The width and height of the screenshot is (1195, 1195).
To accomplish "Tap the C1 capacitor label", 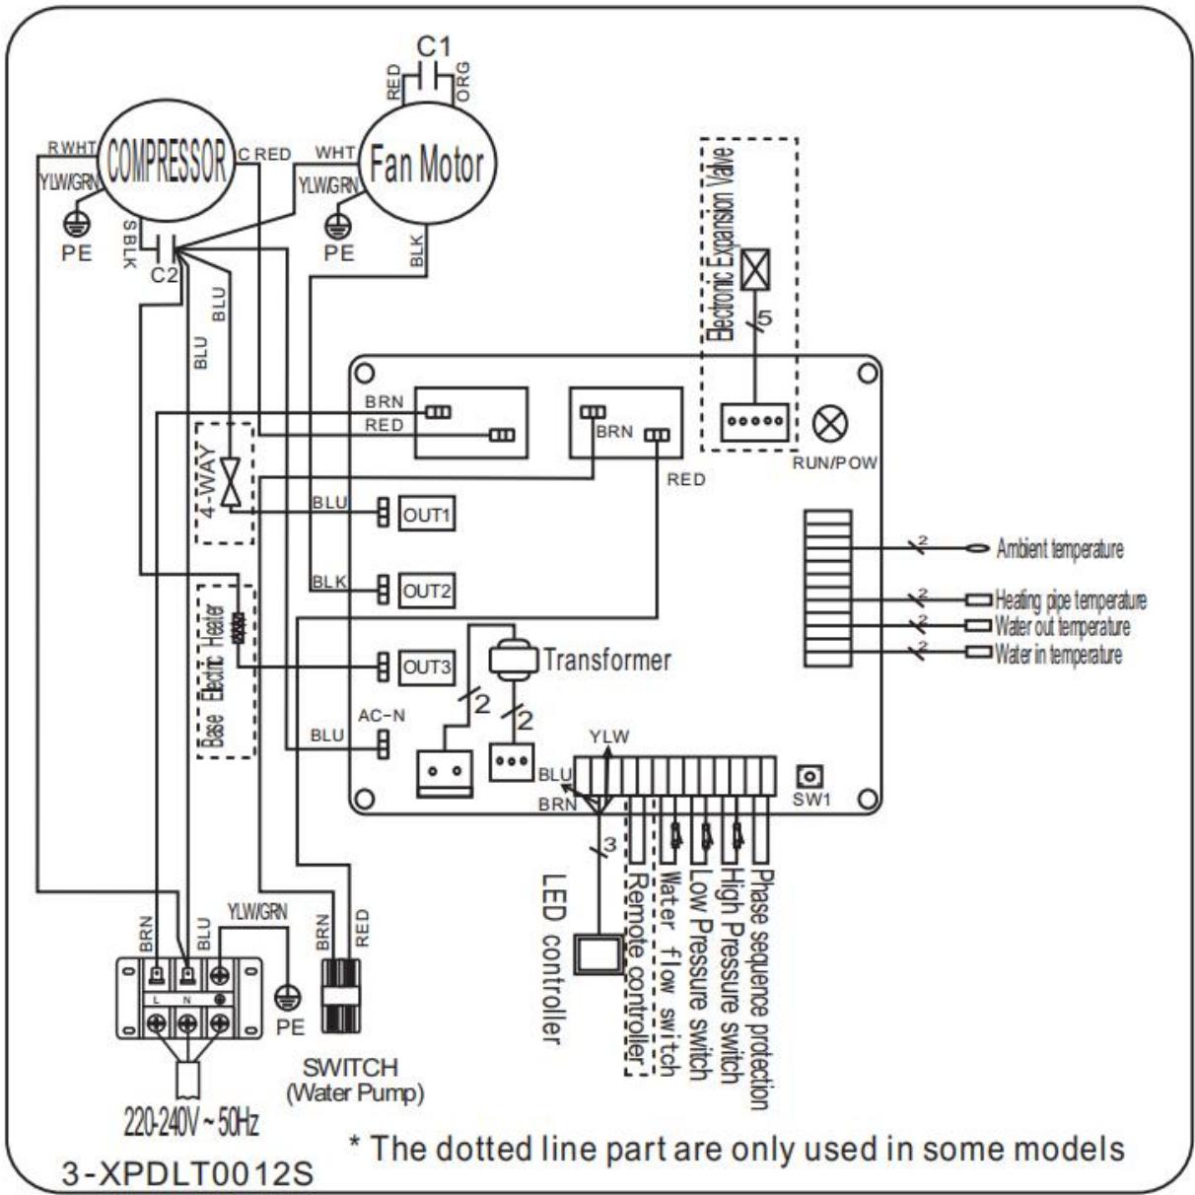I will (433, 46).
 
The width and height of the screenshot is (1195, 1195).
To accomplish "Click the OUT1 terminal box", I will (426, 515).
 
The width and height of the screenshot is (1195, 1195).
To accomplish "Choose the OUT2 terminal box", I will (426, 592).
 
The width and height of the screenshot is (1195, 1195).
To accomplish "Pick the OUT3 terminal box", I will (426, 668).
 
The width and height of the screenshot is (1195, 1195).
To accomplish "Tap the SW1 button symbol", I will (814, 776).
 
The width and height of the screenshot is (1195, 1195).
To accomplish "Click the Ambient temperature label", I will (1059, 549).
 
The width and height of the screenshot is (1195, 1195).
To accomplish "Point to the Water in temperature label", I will (1058, 655).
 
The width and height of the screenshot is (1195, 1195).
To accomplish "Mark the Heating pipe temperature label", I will (1070, 599).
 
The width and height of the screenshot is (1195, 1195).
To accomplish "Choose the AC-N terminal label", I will (381, 716).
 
